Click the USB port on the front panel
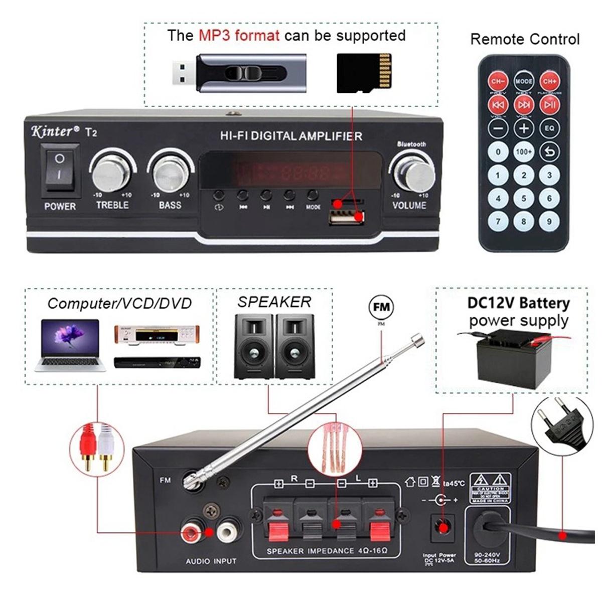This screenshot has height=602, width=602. [x=346, y=216]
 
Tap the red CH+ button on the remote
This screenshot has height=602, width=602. [x=549, y=81]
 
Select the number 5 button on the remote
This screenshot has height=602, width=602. [x=524, y=198]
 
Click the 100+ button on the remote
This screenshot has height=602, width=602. [x=524, y=151]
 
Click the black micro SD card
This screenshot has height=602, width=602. [x=364, y=74]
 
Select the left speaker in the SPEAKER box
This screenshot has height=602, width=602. [x=254, y=347]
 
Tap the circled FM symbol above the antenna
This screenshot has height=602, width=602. [x=381, y=307]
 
